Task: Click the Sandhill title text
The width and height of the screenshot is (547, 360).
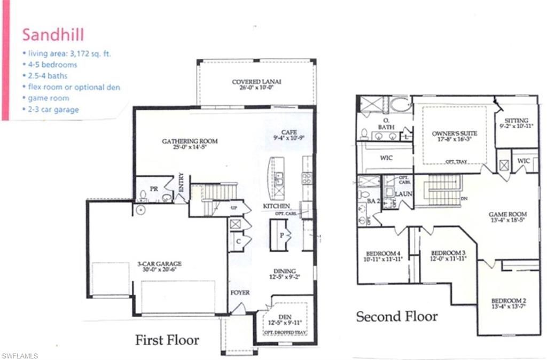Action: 53,35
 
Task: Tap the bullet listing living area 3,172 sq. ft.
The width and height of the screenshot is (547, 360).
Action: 67,53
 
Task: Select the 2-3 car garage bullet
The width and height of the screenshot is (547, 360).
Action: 50,109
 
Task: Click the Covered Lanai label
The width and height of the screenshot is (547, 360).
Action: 256,82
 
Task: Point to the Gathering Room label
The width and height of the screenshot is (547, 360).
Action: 190,141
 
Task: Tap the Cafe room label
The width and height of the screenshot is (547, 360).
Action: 289,132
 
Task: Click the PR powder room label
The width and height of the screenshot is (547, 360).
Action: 153,189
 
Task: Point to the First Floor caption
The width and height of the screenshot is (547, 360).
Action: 167,340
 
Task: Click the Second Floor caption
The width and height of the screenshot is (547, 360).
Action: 397,316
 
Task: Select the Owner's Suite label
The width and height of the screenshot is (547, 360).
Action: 454,133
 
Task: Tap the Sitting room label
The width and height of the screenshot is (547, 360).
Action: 515,121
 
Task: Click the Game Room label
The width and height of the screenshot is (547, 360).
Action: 505,214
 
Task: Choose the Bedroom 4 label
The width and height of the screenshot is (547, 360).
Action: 382,253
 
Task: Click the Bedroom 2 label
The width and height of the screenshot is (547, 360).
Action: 507,300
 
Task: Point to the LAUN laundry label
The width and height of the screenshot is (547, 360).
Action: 403,194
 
